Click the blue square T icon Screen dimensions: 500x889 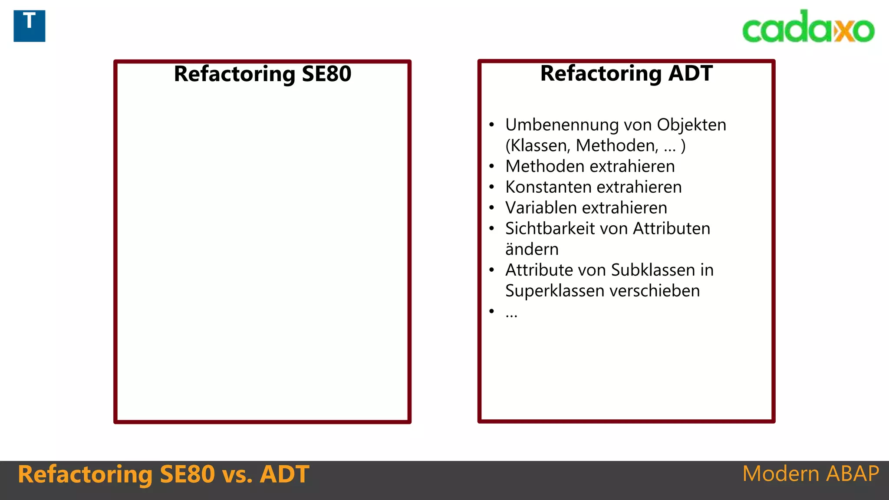point(29,26)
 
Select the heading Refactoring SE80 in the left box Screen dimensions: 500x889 point(262,74)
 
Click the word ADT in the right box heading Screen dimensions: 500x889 point(690,73)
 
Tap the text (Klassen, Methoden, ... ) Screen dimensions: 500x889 point(595,146)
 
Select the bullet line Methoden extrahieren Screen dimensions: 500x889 point(590,167)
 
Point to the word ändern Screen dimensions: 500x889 point(532,250)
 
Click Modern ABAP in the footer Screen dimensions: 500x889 point(810,474)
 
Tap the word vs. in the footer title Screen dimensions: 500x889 point(237,474)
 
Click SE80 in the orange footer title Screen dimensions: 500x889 point(187,474)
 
